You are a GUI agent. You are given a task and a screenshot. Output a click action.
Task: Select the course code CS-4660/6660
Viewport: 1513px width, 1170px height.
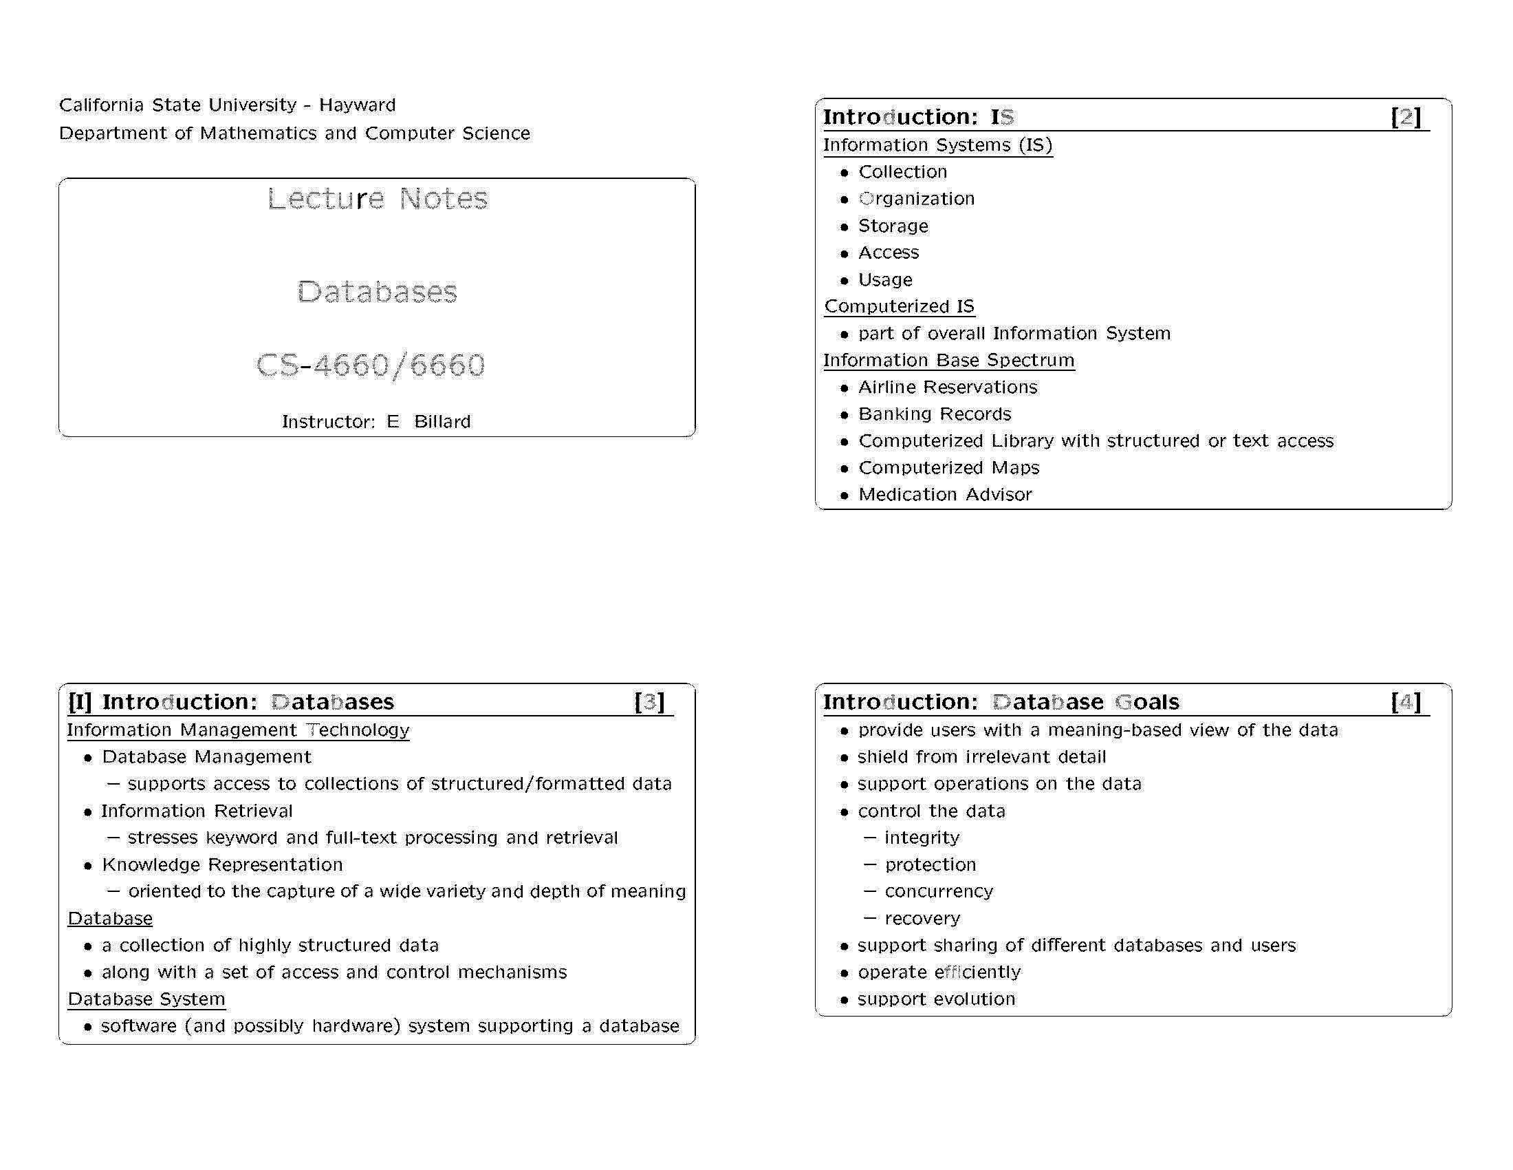(x=371, y=365)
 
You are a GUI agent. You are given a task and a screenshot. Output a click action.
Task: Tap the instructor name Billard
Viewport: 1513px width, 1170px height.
(x=442, y=421)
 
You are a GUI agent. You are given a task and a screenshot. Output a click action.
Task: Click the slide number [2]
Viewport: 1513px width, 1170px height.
(x=1406, y=116)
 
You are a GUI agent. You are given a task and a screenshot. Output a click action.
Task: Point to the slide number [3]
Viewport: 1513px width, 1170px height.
(x=649, y=701)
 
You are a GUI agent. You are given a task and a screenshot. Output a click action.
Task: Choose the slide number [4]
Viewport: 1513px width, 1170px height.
(x=1406, y=701)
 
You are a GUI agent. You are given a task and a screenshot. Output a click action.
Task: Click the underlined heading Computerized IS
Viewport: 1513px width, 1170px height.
(x=900, y=306)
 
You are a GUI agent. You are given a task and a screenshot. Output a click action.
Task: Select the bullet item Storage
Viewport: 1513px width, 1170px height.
(x=893, y=226)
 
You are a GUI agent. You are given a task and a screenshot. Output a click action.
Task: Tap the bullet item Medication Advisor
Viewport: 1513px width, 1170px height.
(x=945, y=494)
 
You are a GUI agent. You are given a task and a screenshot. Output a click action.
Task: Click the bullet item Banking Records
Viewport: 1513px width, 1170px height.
(x=935, y=414)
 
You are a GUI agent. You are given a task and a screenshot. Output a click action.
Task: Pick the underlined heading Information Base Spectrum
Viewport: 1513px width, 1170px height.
(x=948, y=361)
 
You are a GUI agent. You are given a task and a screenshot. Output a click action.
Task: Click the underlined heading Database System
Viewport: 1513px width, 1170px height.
(x=146, y=999)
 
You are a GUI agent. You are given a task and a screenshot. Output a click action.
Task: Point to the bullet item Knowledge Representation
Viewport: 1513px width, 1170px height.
(x=222, y=864)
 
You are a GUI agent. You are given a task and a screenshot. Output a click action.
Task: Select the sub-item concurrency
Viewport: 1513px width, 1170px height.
(x=939, y=891)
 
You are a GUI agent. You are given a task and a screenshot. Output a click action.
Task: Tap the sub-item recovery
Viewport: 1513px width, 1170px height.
(x=922, y=918)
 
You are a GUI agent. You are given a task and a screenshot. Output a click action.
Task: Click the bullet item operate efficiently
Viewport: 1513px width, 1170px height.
(x=939, y=972)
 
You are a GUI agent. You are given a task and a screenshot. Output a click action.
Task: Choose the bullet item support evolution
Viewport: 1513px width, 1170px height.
(x=936, y=999)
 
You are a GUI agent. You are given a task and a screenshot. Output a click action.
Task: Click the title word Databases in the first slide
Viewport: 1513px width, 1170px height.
(x=378, y=292)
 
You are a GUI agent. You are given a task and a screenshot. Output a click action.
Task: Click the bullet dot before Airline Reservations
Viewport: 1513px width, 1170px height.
(x=844, y=388)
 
